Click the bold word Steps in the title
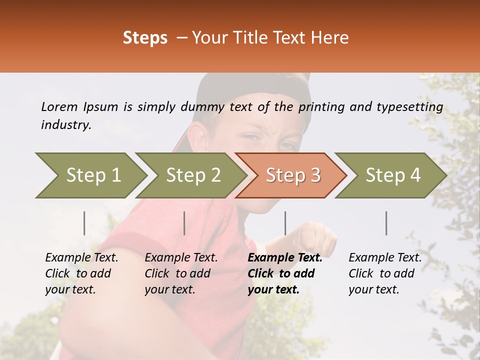pyautogui.click(x=145, y=38)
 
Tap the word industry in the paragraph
pyautogui.click(x=65, y=124)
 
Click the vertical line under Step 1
pyautogui.click(x=84, y=223)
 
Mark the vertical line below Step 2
pyautogui.click(x=184, y=223)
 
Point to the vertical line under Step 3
pyautogui.click(x=285, y=223)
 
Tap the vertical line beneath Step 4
pyautogui.click(x=386, y=223)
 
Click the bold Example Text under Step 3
pyautogui.click(x=285, y=258)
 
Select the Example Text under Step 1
pyautogui.click(x=81, y=258)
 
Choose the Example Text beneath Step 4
pyautogui.click(x=385, y=258)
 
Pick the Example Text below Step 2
pyautogui.click(x=181, y=258)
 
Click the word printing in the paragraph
pyautogui.click(x=321, y=107)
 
